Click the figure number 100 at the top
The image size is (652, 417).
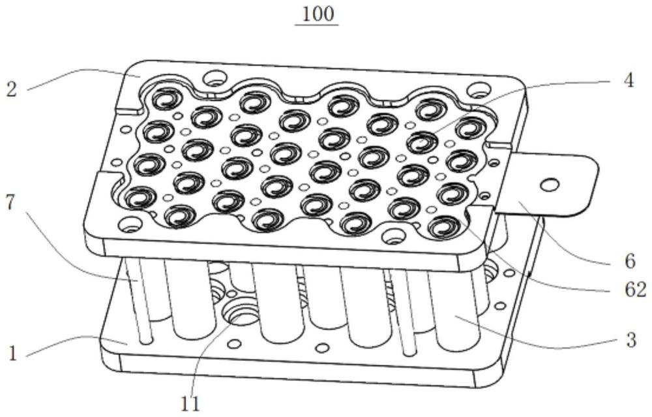318,14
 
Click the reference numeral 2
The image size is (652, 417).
12,89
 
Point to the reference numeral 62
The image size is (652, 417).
636,290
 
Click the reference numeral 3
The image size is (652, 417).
631,340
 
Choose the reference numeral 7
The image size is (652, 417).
11,203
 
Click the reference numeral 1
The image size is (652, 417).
12,354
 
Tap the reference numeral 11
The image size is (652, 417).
190,403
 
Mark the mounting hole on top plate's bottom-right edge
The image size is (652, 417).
391,236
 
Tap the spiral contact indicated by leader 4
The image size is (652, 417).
422,142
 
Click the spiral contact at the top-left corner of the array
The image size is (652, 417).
167,100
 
